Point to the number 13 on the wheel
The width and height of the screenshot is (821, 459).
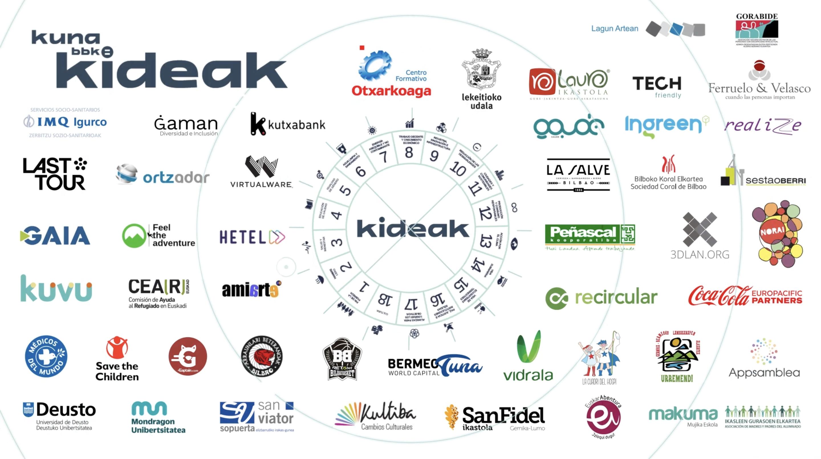486,241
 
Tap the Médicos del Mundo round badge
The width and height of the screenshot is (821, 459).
46,356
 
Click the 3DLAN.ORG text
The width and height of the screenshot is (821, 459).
700,254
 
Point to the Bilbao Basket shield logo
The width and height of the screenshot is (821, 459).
342,359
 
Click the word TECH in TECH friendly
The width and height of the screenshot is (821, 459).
657,83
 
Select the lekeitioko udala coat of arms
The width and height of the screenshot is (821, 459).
481,69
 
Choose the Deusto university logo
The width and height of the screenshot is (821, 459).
60,415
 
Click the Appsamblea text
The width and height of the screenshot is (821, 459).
764,372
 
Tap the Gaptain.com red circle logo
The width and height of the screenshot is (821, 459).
188,356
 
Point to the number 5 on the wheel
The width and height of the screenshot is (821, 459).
345,191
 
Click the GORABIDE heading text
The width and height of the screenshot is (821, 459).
757,16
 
